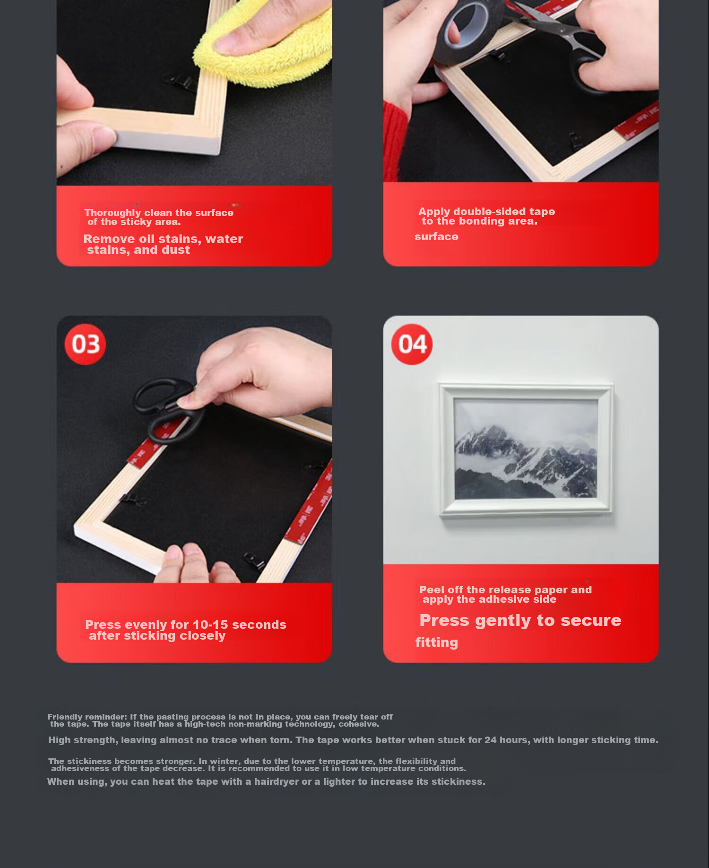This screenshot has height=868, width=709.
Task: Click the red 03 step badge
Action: tap(85, 344)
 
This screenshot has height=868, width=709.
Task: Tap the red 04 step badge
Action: tap(412, 344)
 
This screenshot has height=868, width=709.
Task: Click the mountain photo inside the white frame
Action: tap(526, 448)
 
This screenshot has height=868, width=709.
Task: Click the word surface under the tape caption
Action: tap(436, 237)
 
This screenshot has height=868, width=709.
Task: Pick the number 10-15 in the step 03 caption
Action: tap(210, 625)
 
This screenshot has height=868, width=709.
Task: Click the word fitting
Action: tap(437, 642)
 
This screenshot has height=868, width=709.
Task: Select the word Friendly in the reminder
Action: tap(64, 717)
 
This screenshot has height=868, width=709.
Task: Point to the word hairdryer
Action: tap(277, 782)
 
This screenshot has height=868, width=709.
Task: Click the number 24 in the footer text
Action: tap(491, 740)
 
